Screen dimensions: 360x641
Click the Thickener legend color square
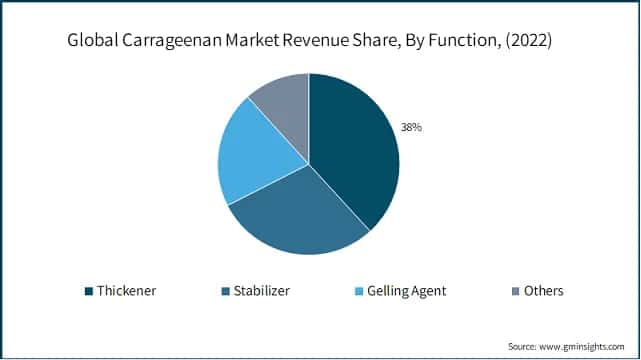[x=89, y=291]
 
